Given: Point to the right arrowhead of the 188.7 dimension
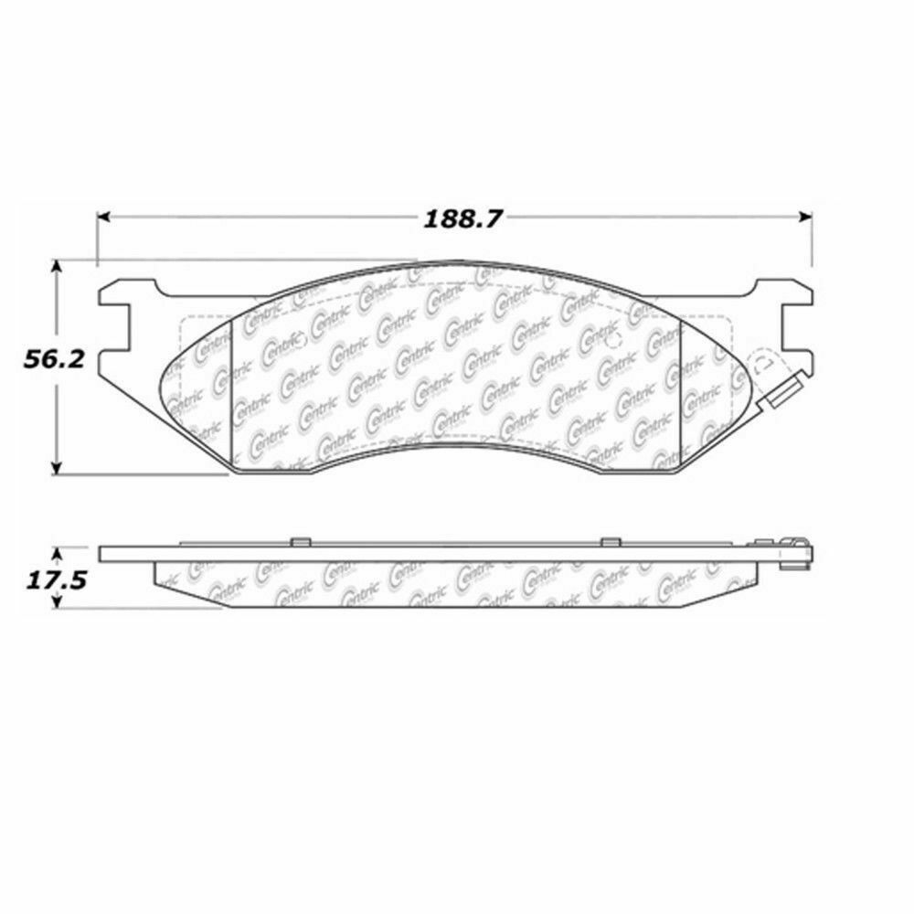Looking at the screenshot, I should click(x=807, y=218).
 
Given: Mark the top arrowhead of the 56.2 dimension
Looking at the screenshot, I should click(x=58, y=264).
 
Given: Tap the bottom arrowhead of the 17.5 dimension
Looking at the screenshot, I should click(x=58, y=602).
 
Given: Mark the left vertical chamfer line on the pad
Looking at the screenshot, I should click(x=234, y=393).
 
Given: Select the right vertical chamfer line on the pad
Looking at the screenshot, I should click(x=683, y=393).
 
